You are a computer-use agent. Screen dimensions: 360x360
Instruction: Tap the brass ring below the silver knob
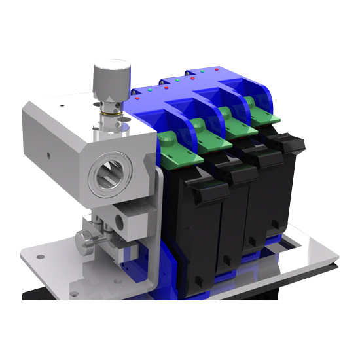click(x=112, y=117)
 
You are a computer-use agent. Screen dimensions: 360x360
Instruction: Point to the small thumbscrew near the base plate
click(x=85, y=242)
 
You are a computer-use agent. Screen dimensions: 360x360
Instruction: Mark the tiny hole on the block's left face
click(x=48, y=156)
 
